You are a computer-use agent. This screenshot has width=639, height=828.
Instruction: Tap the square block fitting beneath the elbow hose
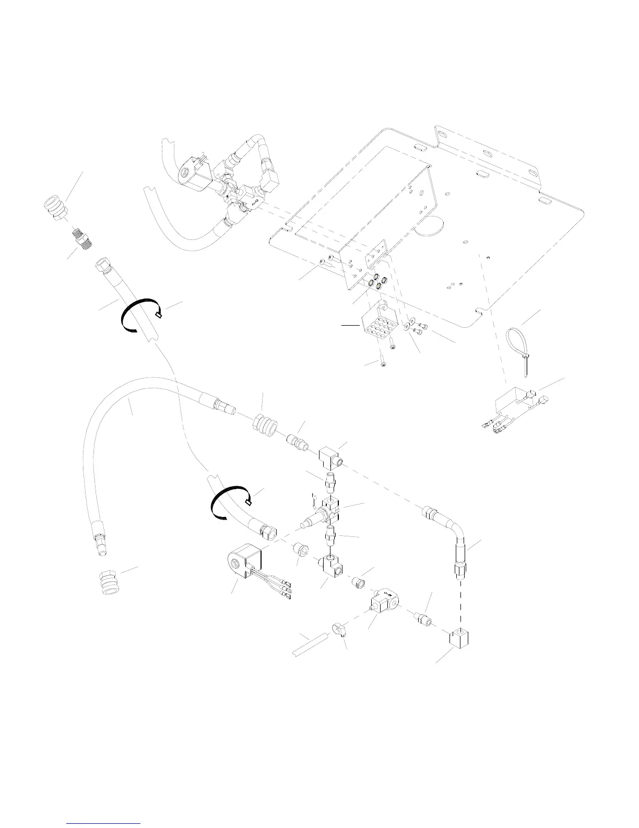point(458,638)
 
